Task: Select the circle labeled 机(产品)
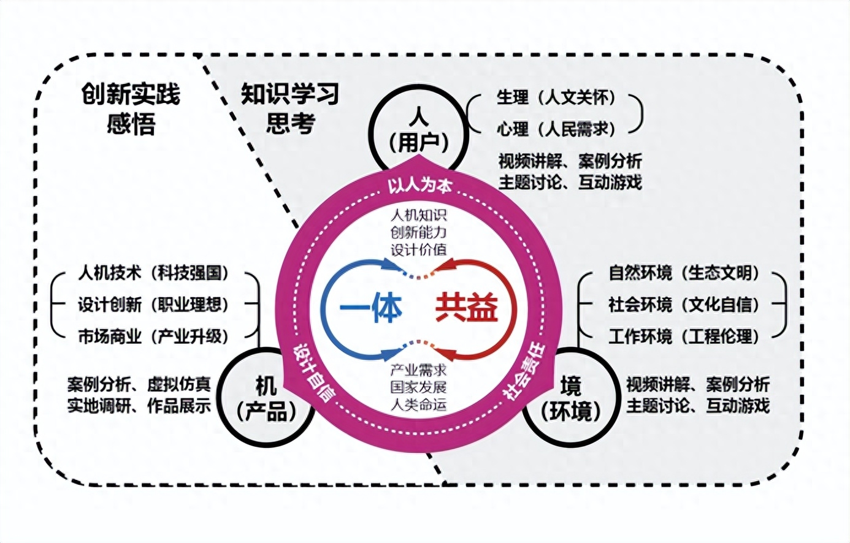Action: [266, 399]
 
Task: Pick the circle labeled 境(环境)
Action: [571, 399]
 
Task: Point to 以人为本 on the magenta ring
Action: [419, 184]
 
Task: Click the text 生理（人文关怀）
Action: [556, 97]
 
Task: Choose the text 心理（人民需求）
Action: [556, 129]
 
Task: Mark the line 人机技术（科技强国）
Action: [153, 273]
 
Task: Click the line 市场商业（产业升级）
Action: [153, 336]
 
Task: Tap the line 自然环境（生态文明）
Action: [684, 273]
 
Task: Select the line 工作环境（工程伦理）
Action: [684, 336]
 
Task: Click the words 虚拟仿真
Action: [179, 385]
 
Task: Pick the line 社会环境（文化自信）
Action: [684, 304]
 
